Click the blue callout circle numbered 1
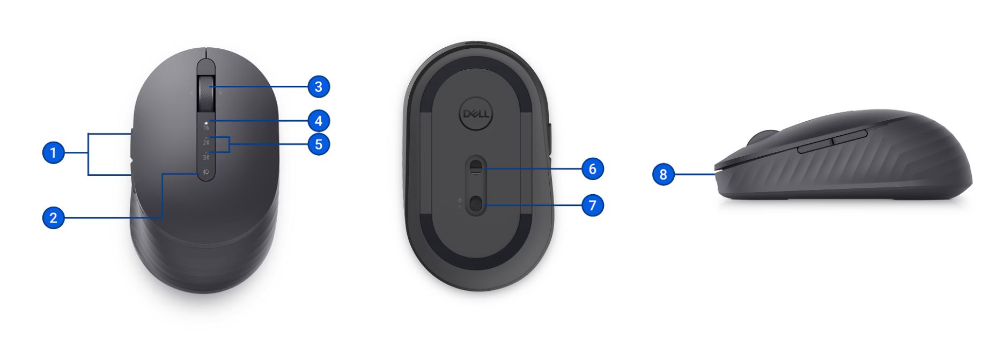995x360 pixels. click(53, 153)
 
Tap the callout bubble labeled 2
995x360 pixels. click(53, 218)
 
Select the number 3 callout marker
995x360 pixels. click(319, 86)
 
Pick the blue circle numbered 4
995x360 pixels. click(319, 121)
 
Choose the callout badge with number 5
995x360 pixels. click(319, 144)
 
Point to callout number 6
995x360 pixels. click(593, 169)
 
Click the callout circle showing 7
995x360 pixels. click(593, 205)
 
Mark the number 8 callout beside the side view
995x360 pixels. click(664, 174)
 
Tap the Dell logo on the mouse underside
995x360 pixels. click(476, 114)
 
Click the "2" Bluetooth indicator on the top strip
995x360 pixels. click(206, 142)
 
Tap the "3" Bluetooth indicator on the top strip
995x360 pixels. click(206, 157)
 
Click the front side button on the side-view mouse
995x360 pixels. click(814, 146)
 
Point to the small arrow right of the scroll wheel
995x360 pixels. click(220, 93)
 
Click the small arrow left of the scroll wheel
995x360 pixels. click(191, 93)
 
